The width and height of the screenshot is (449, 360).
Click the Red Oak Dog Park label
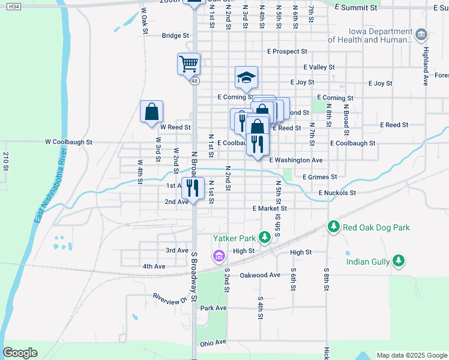376,227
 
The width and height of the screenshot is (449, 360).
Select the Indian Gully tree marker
397,261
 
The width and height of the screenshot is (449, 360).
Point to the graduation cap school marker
246,77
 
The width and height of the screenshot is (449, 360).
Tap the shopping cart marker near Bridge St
188,62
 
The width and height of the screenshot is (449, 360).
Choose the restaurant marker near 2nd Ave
193,188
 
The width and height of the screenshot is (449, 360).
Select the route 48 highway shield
194,80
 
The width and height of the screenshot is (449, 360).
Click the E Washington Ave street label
296,160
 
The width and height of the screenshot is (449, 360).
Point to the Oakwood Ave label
260,275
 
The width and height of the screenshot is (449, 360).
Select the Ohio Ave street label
212,343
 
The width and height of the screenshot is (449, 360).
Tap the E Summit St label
356,8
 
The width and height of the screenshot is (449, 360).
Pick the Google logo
20,353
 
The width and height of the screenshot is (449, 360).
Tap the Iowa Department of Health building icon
421,35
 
